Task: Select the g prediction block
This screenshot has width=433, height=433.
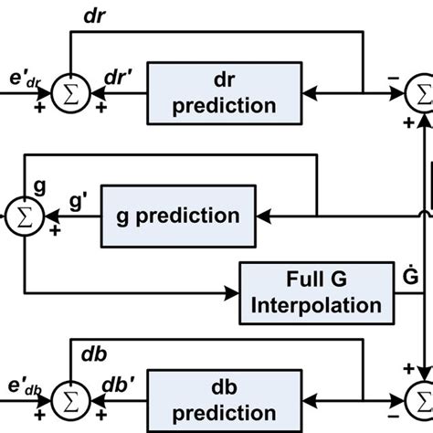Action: [x=179, y=216]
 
